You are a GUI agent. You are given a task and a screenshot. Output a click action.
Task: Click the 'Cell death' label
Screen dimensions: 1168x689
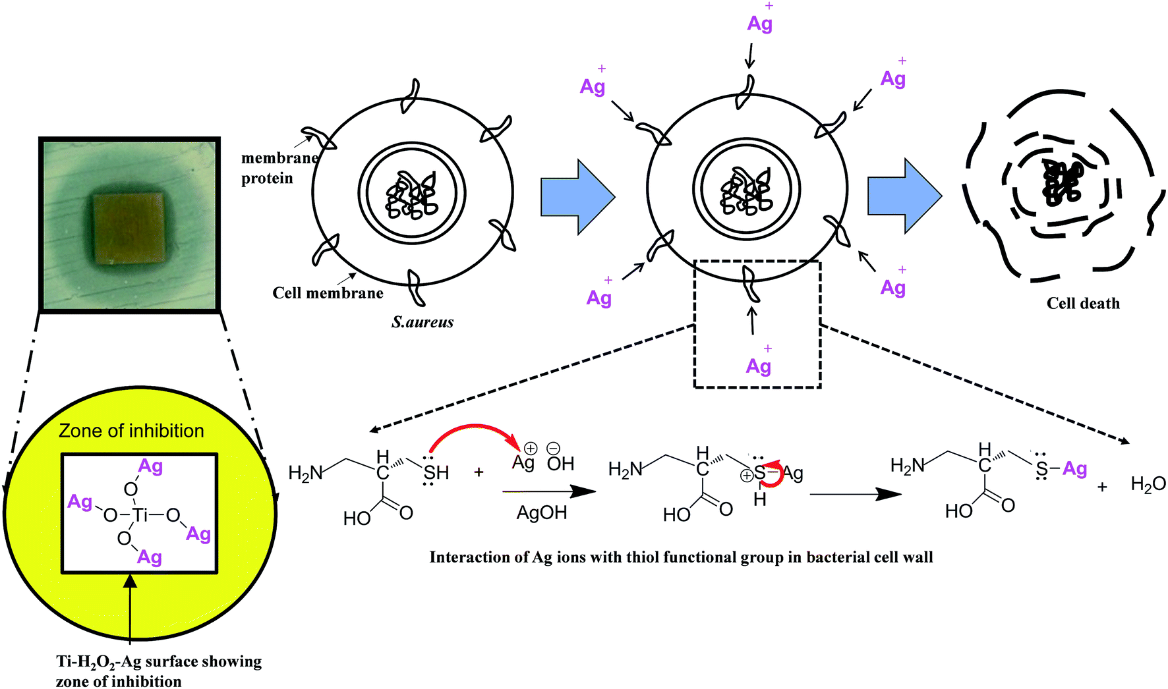pyautogui.click(x=1083, y=304)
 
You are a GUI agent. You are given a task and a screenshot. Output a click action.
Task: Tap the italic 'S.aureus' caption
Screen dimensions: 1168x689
pyautogui.click(x=423, y=322)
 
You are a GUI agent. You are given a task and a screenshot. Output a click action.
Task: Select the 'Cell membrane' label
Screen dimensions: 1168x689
pyautogui.click(x=328, y=293)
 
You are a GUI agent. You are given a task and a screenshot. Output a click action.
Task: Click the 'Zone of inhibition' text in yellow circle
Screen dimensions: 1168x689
pyautogui.click(x=131, y=431)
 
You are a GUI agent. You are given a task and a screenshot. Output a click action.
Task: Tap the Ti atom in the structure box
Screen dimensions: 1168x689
pyautogui.click(x=140, y=514)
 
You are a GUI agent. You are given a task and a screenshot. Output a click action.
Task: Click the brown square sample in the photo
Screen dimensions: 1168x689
pyautogui.click(x=129, y=229)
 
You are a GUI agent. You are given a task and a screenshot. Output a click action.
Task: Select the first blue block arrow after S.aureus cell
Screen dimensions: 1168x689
pyautogui.click(x=577, y=197)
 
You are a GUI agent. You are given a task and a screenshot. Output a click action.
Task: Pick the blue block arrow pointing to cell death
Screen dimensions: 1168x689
pyautogui.click(x=904, y=196)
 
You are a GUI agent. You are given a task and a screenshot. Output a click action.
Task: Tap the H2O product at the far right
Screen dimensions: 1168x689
pyautogui.click(x=1148, y=485)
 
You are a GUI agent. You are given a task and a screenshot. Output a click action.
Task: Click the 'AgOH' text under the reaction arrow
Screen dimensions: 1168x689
pyautogui.click(x=542, y=512)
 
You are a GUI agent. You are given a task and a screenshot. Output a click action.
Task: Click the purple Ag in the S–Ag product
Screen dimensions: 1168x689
pyautogui.click(x=1074, y=469)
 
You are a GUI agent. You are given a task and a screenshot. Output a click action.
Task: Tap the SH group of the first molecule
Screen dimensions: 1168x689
pyautogui.click(x=436, y=472)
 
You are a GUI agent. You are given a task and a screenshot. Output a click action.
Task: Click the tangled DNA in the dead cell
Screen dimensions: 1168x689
pyautogui.click(x=1063, y=181)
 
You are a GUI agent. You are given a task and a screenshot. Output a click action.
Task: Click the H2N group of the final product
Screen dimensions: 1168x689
pyautogui.click(x=908, y=466)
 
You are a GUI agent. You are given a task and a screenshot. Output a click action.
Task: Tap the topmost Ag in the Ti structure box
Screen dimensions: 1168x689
pyautogui.click(x=150, y=466)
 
